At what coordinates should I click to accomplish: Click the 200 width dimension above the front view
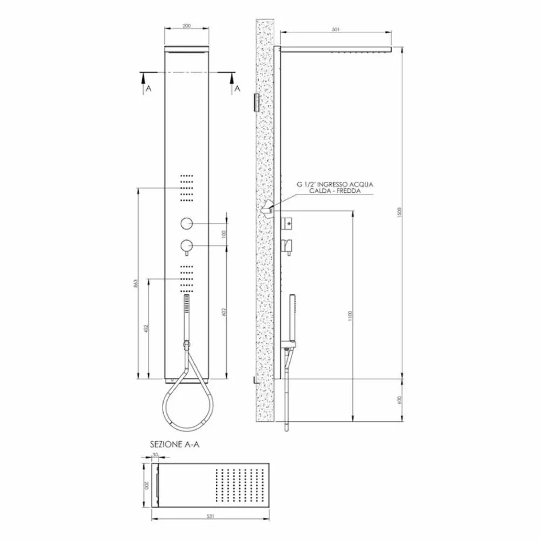click(x=186, y=26)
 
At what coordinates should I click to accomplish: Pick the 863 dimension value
click(x=135, y=284)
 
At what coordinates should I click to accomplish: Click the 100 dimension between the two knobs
click(x=224, y=234)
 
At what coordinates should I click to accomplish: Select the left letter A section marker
click(x=148, y=89)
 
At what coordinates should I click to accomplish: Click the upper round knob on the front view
click(x=186, y=223)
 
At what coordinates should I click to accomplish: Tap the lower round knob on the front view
click(x=186, y=246)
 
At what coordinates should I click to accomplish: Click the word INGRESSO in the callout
click(x=335, y=184)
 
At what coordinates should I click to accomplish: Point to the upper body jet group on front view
click(x=186, y=187)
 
